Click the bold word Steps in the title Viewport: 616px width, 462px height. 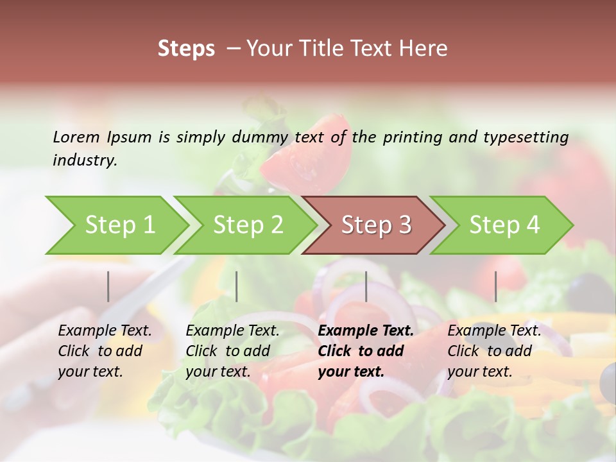[186, 48]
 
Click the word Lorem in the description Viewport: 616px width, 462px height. [76, 137]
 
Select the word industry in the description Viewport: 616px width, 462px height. [85, 160]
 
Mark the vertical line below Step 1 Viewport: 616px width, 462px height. [108, 286]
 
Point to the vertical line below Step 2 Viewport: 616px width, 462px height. [237, 286]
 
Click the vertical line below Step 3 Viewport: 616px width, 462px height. [366, 286]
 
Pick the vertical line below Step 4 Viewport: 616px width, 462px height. [495, 286]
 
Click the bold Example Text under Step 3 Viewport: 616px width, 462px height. [366, 330]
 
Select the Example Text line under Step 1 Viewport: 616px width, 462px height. [105, 330]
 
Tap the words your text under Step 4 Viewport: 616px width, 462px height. [479, 372]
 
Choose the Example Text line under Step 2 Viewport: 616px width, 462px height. [232, 330]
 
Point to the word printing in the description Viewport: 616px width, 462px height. [413, 137]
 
